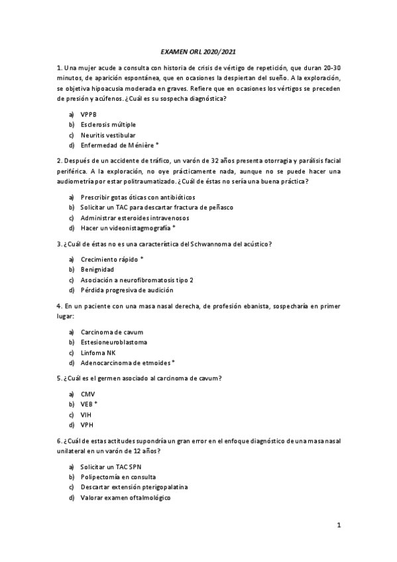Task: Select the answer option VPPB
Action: coord(88,114)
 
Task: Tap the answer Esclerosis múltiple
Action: coord(106,124)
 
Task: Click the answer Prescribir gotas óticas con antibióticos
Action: coord(138,197)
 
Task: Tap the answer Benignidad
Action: coord(97,270)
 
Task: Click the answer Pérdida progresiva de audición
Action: coord(127,290)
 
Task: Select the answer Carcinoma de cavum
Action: coord(111,331)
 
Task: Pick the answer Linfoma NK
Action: coord(97,352)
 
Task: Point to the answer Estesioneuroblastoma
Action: coord(114,342)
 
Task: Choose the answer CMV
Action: coord(87,394)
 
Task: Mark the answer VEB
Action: coord(89,404)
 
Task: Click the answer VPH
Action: coord(87,424)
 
